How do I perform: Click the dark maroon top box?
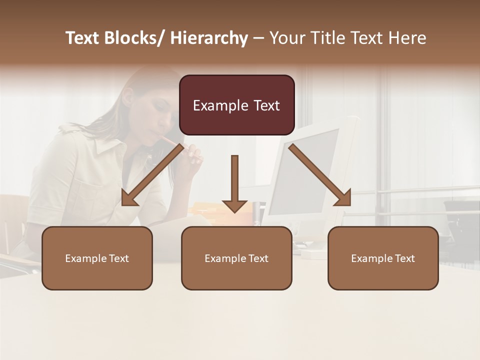point(236,105)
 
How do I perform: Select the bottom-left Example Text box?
point(97,258)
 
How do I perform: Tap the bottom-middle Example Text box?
point(236,258)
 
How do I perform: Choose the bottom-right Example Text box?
point(383,258)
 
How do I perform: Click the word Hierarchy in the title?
point(209,38)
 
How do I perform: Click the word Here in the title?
point(407,38)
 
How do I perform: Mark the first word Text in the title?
point(83,38)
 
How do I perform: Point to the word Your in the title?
point(287,38)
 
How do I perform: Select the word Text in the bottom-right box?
point(403,258)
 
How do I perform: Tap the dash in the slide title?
point(258,38)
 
